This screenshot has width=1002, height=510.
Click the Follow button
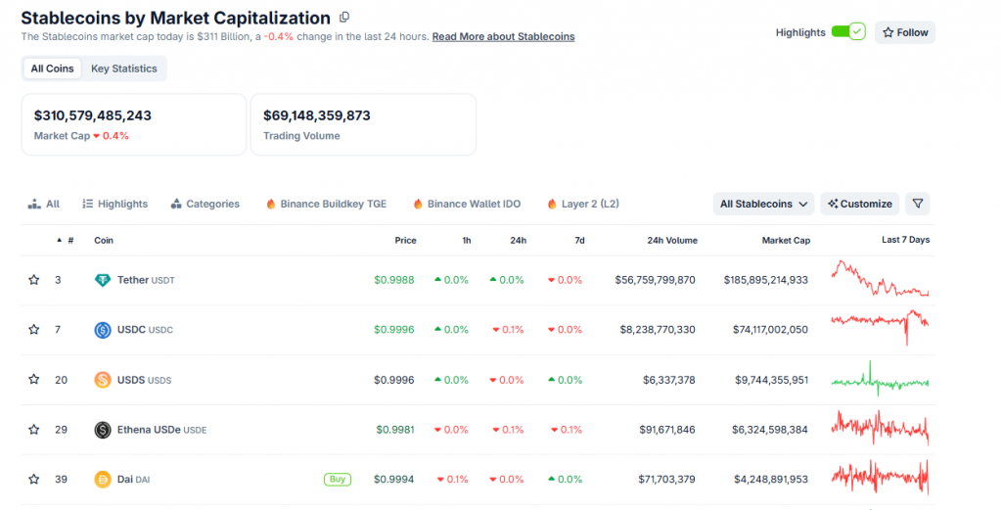coord(905,32)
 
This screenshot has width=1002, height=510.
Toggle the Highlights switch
coord(847,32)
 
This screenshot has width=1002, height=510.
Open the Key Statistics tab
coord(123,69)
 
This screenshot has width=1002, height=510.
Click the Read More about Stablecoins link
coord(503,37)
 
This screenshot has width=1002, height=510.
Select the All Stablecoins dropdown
coord(764,204)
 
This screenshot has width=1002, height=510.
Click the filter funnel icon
coord(917,204)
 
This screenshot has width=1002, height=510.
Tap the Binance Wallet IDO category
coord(467,204)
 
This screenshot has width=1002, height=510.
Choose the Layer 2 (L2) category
coord(583,204)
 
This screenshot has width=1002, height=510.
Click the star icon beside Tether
coord(34,280)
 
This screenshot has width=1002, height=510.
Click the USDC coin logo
coord(103,330)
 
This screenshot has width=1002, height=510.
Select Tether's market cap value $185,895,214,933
coord(766,280)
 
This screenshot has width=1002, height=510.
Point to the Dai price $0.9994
coord(393,480)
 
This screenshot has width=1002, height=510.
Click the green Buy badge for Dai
coord(337,480)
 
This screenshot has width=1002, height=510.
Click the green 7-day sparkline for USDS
coord(880,380)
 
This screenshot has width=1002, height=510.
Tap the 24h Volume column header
coord(672,240)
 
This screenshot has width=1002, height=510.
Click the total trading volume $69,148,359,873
coord(316,116)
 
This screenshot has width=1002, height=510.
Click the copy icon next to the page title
coord(343,18)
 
